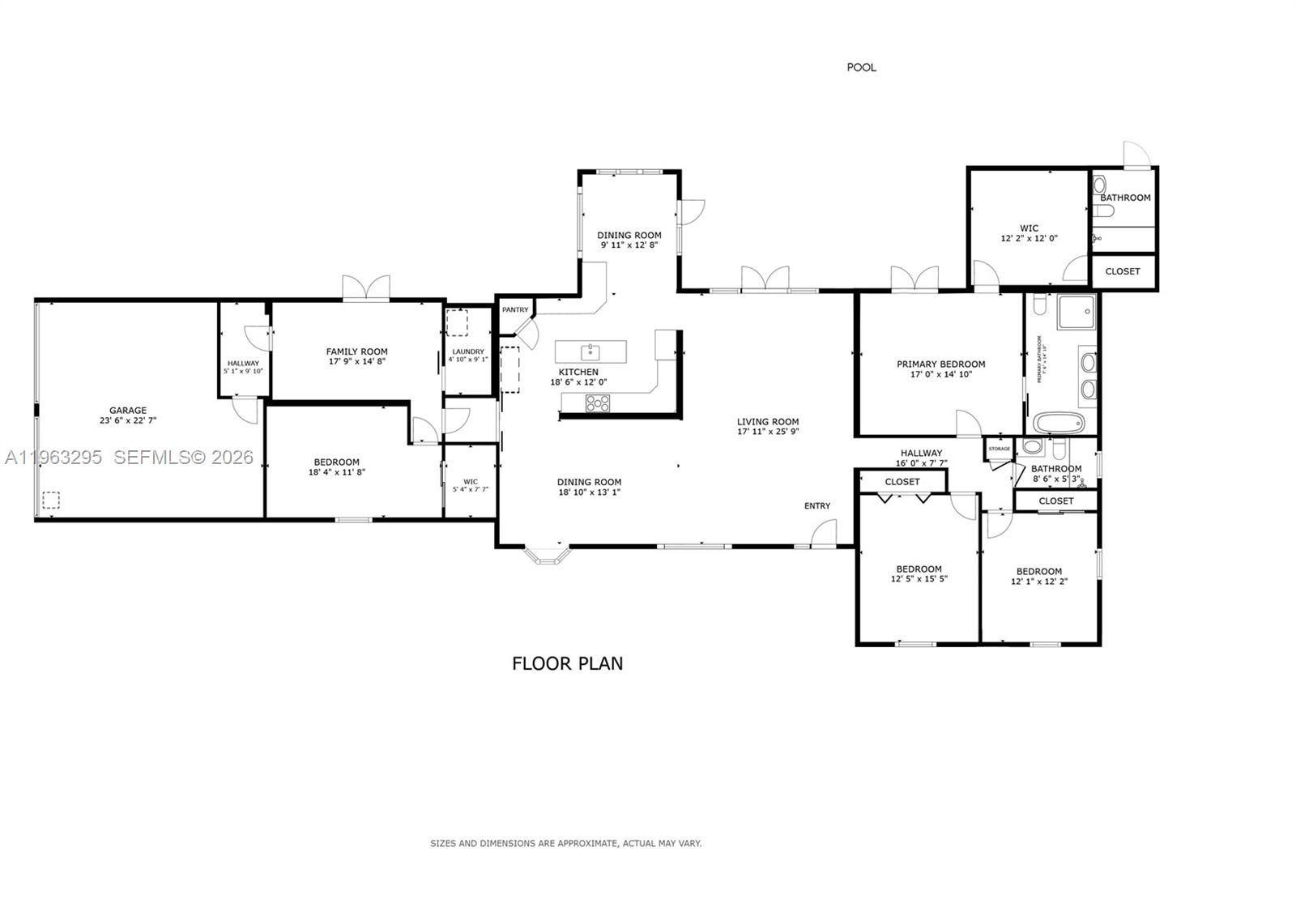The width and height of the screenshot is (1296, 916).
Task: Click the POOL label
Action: pyautogui.click(x=861, y=67)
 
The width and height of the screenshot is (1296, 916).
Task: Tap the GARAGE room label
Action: pyautogui.click(x=128, y=411)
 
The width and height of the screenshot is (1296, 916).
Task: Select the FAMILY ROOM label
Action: pyautogui.click(x=356, y=351)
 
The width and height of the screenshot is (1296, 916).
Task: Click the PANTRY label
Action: pyautogui.click(x=515, y=310)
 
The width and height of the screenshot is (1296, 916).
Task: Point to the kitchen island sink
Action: pyautogui.click(x=590, y=351)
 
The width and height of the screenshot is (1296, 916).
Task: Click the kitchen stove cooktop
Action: pyautogui.click(x=599, y=403)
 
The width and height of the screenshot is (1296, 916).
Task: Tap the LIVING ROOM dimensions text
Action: pyautogui.click(x=767, y=432)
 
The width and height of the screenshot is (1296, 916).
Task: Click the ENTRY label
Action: pyautogui.click(x=816, y=506)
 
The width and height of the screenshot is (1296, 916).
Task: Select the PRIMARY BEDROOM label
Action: pyautogui.click(x=940, y=364)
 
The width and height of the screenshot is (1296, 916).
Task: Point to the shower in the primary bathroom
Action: pyautogui.click(x=1076, y=313)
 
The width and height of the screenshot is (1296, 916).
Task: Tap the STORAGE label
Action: pyautogui.click(x=999, y=449)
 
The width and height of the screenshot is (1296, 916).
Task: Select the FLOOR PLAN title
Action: pyautogui.click(x=567, y=663)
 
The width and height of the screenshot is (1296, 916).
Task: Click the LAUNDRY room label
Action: pyautogui.click(x=468, y=351)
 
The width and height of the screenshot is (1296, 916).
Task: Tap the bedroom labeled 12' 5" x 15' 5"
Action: pyautogui.click(x=919, y=573)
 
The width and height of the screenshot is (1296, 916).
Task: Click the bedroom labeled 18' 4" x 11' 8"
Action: pyautogui.click(x=336, y=467)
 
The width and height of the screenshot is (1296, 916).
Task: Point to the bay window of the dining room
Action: pyautogui.click(x=547, y=556)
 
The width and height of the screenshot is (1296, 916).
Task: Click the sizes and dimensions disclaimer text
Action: pyautogui.click(x=565, y=843)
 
